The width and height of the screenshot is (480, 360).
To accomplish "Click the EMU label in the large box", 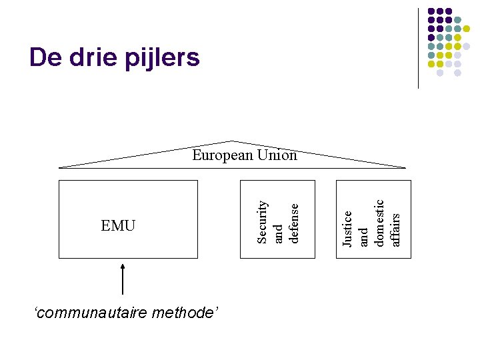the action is tap(118, 226).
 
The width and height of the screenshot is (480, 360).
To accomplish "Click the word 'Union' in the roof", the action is tap(279, 155).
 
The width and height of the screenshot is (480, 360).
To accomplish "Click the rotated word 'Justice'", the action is tap(347, 227).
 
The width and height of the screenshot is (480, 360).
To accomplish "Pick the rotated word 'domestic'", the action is tap(379, 223).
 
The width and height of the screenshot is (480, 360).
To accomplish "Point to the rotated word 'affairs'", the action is tap(395, 229).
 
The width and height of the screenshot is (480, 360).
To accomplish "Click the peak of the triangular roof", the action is tap(232, 141).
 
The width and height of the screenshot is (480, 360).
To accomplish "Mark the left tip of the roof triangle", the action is tap(60, 167).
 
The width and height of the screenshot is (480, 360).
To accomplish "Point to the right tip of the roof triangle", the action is tap(405, 167).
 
